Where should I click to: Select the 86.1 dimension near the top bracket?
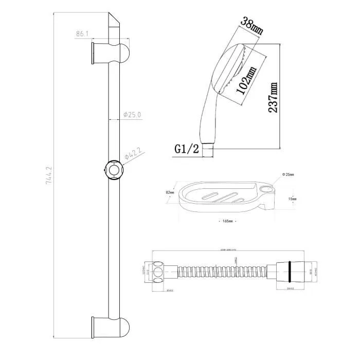pos(83,34)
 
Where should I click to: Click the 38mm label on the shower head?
pos(252,25)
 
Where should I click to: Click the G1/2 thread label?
pos(186,149)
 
